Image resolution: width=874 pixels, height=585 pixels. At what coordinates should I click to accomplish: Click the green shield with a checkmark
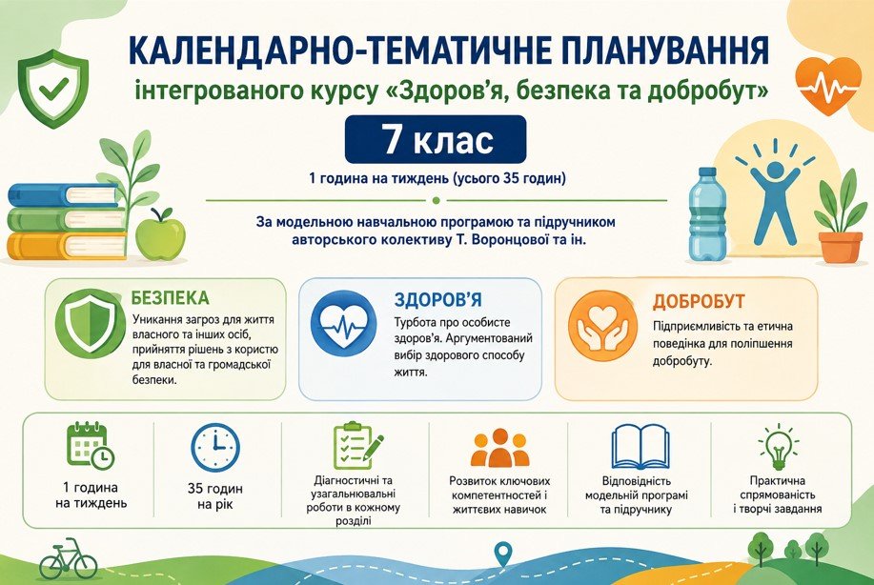click(53, 89)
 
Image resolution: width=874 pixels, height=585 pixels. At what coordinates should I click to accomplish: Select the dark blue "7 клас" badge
click(436, 139)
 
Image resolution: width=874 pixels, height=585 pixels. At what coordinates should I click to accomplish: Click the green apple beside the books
click(160, 233)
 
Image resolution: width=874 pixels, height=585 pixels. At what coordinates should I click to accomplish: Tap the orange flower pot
click(841, 248)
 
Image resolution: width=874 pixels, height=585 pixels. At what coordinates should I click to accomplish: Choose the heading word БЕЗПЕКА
click(170, 297)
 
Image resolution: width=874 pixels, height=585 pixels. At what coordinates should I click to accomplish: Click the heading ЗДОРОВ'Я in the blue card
click(437, 300)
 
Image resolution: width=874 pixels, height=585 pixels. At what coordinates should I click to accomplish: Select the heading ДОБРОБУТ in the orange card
click(699, 301)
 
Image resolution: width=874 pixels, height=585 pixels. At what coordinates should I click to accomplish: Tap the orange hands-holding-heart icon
click(602, 325)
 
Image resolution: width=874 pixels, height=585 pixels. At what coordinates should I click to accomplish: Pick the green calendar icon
click(90, 446)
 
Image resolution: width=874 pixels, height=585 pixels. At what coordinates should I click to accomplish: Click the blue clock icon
click(215, 448)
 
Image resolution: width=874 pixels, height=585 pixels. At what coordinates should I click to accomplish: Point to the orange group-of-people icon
click(498, 448)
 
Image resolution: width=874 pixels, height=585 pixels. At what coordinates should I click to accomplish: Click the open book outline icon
click(640, 448)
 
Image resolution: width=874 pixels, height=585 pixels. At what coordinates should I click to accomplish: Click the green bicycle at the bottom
click(68, 559)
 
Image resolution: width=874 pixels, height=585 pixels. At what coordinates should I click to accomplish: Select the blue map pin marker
click(503, 555)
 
